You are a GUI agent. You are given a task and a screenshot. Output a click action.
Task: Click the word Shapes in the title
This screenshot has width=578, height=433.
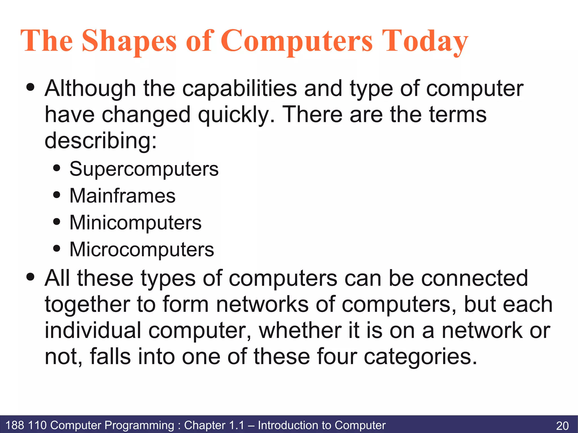click(129, 41)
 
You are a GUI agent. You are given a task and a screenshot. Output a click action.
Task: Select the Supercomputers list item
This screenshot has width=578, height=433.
click(144, 169)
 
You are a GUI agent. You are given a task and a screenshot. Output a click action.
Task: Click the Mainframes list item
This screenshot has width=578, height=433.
click(122, 196)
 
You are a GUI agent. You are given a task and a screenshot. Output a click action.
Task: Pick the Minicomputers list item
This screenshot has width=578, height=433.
click(135, 223)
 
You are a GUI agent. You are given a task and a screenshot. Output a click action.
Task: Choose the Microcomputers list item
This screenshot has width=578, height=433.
click(142, 249)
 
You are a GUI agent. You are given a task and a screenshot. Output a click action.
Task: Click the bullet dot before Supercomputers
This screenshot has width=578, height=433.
click(57, 168)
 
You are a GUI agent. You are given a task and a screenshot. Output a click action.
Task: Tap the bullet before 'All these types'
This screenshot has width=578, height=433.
click(30, 277)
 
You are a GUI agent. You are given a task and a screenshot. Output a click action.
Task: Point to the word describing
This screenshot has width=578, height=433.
click(100, 140)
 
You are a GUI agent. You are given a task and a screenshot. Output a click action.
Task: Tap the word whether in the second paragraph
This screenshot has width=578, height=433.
click(300, 330)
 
